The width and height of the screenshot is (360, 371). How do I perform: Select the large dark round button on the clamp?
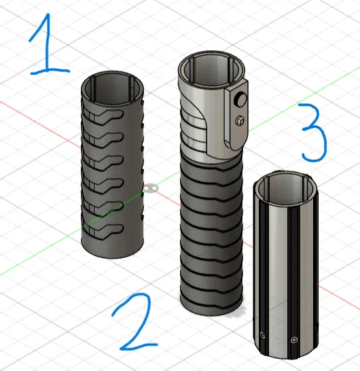(x=239, y=100)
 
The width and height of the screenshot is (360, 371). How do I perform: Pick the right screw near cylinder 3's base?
(x=293, y=339)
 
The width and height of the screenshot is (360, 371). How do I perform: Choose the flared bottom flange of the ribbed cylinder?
(x=210, y=306)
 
